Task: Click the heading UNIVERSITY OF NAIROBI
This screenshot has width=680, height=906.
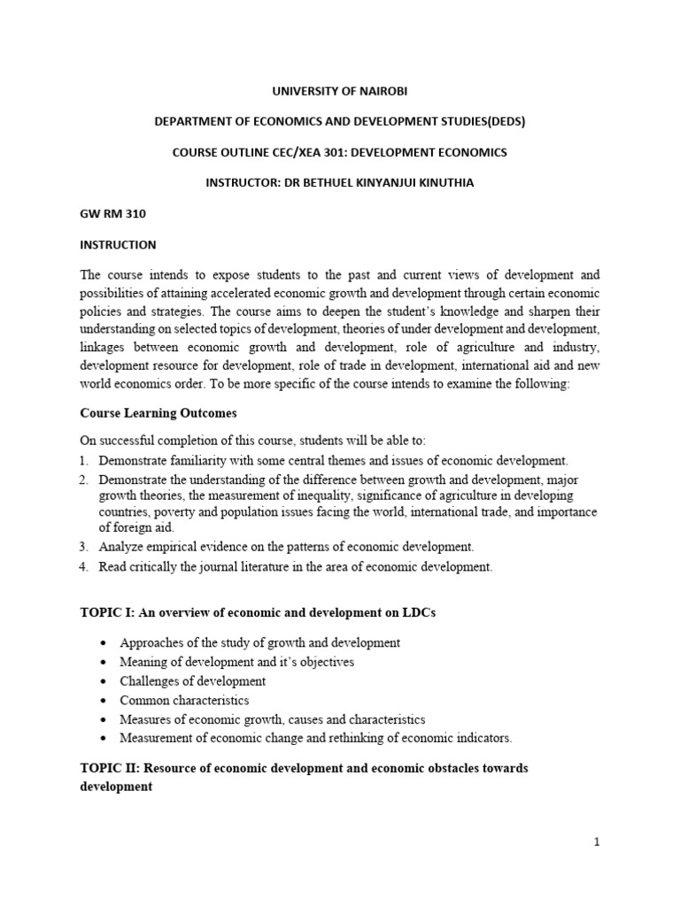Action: pyautogui.click(x=339, y=91)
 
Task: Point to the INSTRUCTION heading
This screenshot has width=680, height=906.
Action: pyautogui.click(x=118, y=244)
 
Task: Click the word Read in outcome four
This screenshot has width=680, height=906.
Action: pyautogui.click(x=113, y=566)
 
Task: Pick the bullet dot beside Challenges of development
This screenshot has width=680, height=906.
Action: pyautogui.click(x=104, y=681)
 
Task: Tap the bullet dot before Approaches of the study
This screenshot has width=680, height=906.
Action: pyautogui.click(x=104, y=642)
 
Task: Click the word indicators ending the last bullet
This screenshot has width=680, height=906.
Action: pyautogui.click(x=483, y=738)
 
